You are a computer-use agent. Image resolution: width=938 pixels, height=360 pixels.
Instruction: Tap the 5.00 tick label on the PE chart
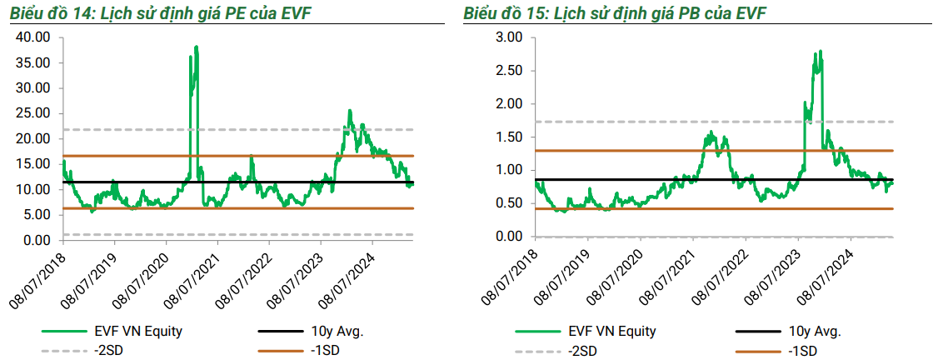37,215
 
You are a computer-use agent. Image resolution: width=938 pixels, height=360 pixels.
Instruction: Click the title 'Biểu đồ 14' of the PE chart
33,15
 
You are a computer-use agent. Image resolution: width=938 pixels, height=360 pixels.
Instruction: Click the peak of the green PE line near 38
197,47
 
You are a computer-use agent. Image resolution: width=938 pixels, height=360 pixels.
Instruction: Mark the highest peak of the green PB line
821,52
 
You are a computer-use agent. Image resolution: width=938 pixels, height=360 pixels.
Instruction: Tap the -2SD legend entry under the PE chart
107,350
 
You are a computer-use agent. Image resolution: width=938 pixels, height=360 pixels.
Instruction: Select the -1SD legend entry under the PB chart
801,350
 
